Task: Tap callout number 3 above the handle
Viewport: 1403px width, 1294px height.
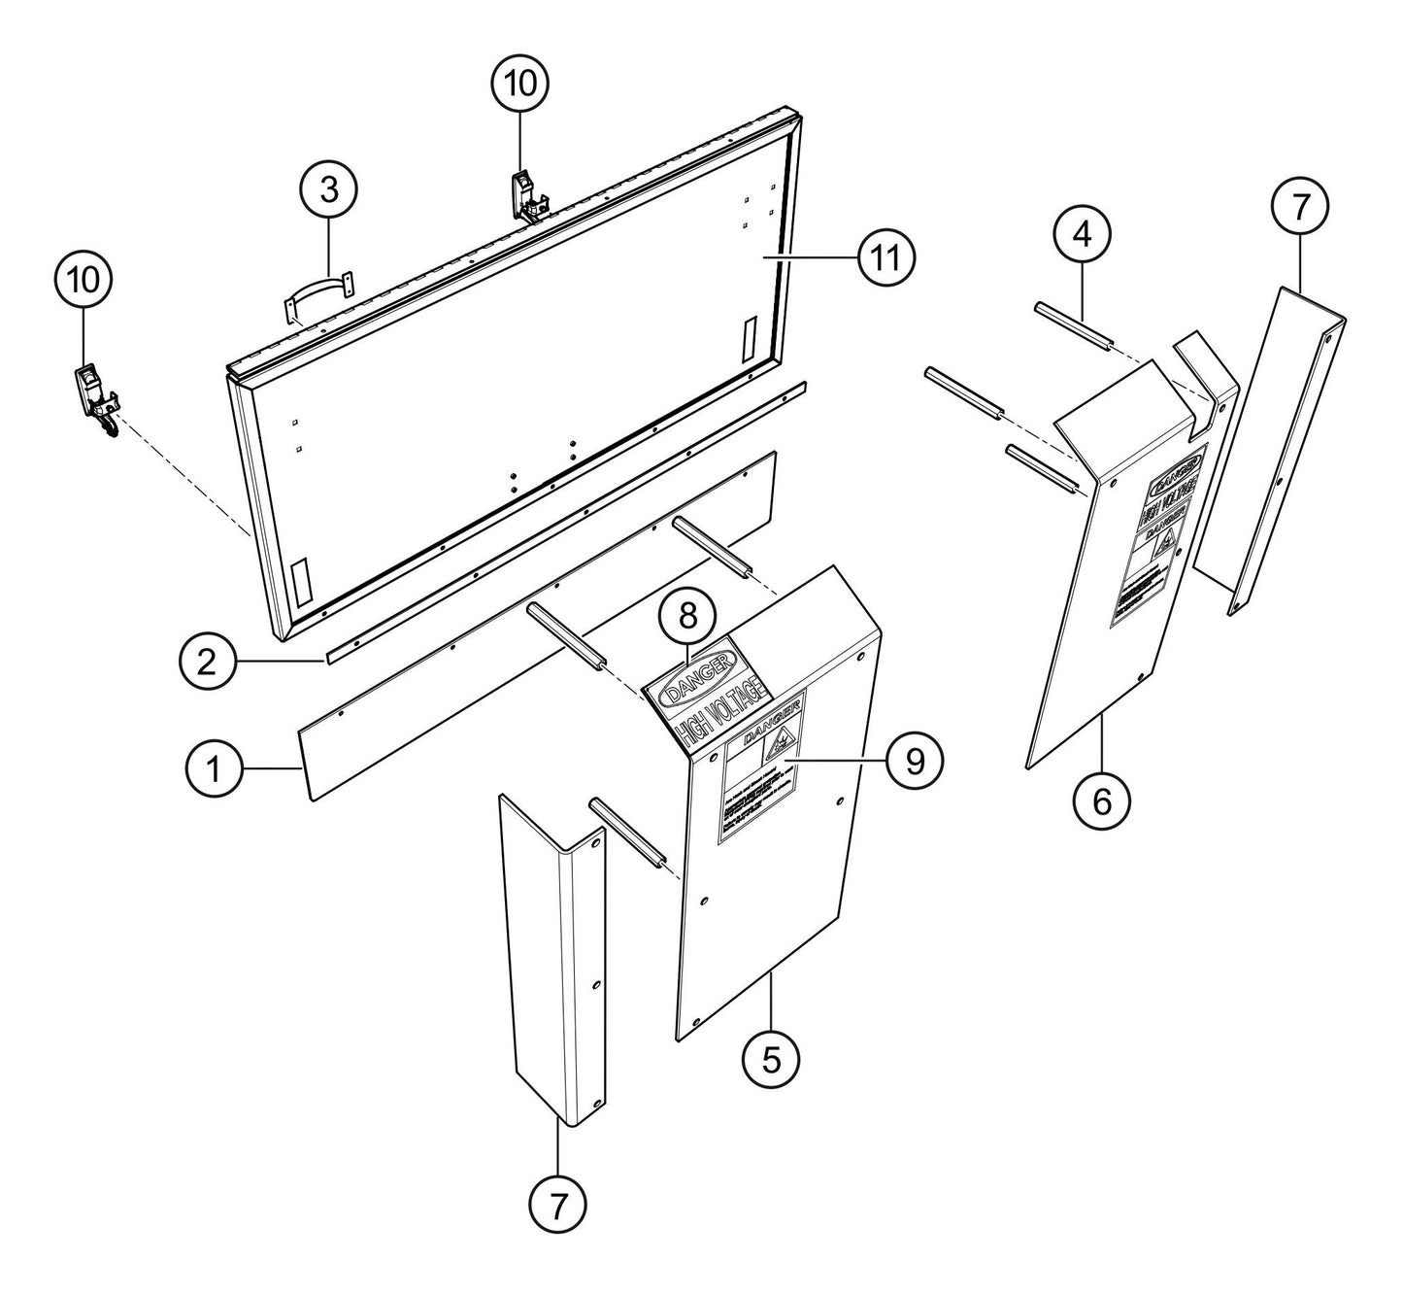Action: point(329,189)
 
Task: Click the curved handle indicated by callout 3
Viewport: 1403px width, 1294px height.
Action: point(317,296)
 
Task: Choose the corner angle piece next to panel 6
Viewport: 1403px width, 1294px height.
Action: point(1282,447)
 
